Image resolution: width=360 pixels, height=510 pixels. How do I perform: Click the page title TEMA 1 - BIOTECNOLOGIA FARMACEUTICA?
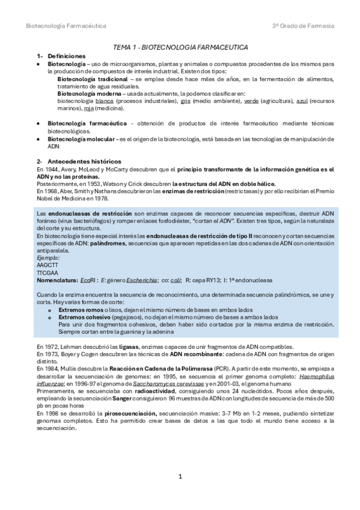pos(180,46)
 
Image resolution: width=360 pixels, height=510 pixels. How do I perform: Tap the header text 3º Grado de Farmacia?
pos(304,26)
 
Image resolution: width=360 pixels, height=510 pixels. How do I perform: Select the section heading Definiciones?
pos(67,55)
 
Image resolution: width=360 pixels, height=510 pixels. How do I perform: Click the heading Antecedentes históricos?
pos(84,161)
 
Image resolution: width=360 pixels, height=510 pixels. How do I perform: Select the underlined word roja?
pos(89,108)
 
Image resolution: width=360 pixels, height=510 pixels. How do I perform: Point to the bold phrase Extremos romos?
pos(80,309)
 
